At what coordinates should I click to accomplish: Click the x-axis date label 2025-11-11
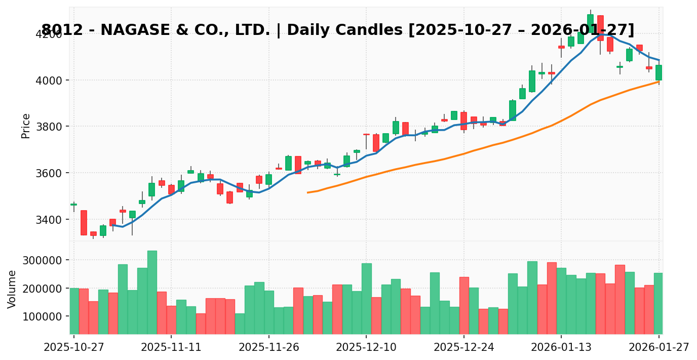[x=171, y=348]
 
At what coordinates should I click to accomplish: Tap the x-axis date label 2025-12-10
[x=366, y=348]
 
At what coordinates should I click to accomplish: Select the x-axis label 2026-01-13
[x=561, y=348]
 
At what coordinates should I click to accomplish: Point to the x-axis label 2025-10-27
[x=74, y=348]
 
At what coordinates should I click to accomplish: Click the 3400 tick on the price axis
[x=50, y=220]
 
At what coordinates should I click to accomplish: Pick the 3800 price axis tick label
[x=50, y=127]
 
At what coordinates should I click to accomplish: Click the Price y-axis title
[x=26, y=126]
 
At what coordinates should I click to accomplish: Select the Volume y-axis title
[x=12, y=289]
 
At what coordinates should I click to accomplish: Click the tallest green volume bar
[x=152, y=292]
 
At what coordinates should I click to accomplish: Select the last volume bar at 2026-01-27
[x=659, y=303]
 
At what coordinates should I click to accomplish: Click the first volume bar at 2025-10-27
[x=74, y=311]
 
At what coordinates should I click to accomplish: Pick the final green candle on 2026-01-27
[x=659, y=72]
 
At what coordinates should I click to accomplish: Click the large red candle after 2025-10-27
[x=84, y=223]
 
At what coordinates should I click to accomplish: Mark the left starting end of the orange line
[x=307, y=192]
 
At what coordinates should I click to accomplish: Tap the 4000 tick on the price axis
[x=50, y=80]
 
